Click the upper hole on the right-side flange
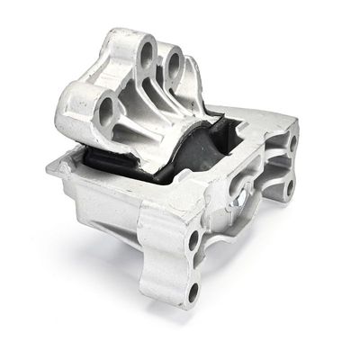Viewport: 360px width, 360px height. [292, 141]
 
